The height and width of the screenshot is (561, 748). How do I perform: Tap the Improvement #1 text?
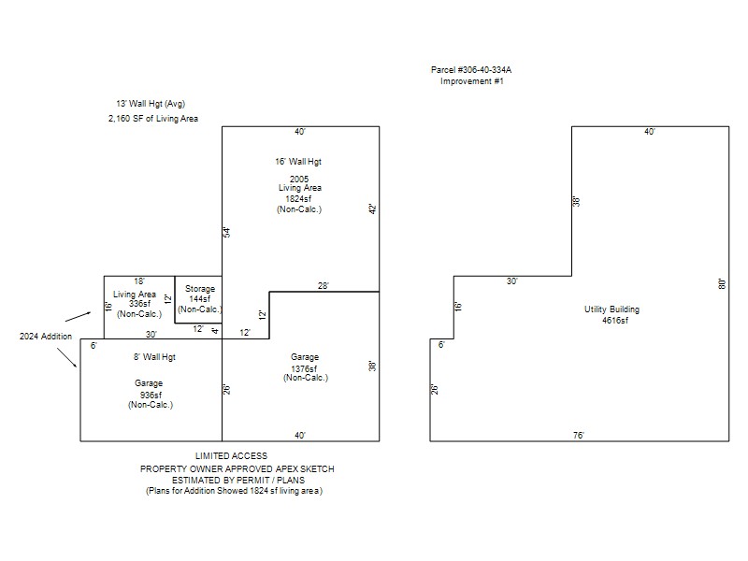(472, 81)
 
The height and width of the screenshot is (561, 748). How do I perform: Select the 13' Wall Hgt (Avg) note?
(151, 104)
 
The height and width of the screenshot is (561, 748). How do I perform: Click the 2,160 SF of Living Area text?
(153, 119)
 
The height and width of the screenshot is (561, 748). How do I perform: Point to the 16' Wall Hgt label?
(298, 162)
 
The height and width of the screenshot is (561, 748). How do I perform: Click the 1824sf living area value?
(298, 199)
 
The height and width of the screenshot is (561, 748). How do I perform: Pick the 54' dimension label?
(227, 232)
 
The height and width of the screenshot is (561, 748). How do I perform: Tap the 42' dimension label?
(373, 209)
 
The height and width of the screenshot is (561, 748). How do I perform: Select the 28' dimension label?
(324, 286)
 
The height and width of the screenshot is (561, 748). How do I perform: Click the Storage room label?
(200, 289)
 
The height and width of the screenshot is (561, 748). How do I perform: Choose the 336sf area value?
(139, 304)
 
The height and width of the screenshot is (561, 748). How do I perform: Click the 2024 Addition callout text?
(46, 337)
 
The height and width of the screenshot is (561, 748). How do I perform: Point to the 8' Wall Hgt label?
(154, 357)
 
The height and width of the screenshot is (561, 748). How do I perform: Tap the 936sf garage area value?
(151, 395)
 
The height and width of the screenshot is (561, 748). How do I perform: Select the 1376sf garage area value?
(305, 368)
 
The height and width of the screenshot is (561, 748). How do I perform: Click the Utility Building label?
(611, 309)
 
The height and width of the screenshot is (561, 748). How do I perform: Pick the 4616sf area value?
(615, 321)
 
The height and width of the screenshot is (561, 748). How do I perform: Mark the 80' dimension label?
(723, 283)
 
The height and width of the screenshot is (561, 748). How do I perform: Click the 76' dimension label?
(579, 435)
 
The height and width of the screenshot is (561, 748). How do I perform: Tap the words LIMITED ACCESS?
(231, 456)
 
